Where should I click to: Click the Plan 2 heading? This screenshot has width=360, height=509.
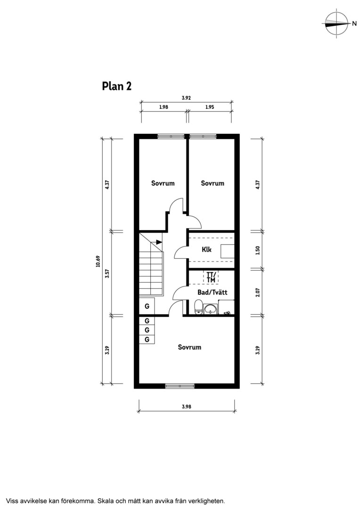tap(116, 86)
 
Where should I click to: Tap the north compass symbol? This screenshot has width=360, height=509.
tap(336, 24)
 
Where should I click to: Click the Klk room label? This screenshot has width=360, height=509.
tap(206, 249)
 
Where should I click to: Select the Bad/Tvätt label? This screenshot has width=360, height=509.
tap(213, 292)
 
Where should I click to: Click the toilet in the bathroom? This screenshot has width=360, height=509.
tap(198, 307)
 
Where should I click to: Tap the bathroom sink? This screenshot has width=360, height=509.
tap(211, 309)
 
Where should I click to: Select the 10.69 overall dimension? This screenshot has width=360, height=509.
tap(98, 261)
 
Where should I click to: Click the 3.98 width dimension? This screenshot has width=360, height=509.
tap(186, 406)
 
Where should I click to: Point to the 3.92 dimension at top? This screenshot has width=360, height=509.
tap(186, 98)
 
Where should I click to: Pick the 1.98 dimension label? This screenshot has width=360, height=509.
tap(164, 107)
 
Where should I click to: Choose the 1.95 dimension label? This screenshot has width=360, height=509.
tap(210, 107)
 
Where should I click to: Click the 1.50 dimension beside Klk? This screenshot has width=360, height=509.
tap(258, 250)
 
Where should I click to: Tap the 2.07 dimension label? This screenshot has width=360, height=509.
tap(258, 292)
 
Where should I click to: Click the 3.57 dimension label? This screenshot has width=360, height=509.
tap(107, 273)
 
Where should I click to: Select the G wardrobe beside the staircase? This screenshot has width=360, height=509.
tap(147, 306)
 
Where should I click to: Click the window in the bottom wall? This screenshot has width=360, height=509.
tap(180, 386)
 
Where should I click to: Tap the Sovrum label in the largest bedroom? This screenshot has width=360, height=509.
tap(189, 347)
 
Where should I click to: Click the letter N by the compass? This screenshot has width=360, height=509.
tap(354, 24)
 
